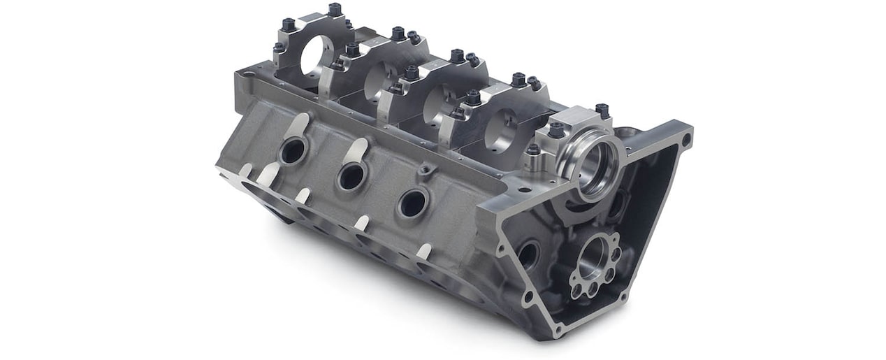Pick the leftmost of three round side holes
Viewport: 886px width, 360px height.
pos(292,150)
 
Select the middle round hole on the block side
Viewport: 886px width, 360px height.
pos(351,177)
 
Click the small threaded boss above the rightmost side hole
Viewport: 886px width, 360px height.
pos(424,170)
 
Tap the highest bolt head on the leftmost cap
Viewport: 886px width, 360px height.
pos(334,9)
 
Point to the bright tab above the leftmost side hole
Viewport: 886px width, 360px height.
pos(298,124)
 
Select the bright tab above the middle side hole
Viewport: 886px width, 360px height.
pos(357,150)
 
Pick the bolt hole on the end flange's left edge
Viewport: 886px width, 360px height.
pos(501,248)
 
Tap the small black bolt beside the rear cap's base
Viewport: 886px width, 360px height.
pos(533,150)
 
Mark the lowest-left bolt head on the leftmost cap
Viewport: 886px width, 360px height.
pos(279,48)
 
